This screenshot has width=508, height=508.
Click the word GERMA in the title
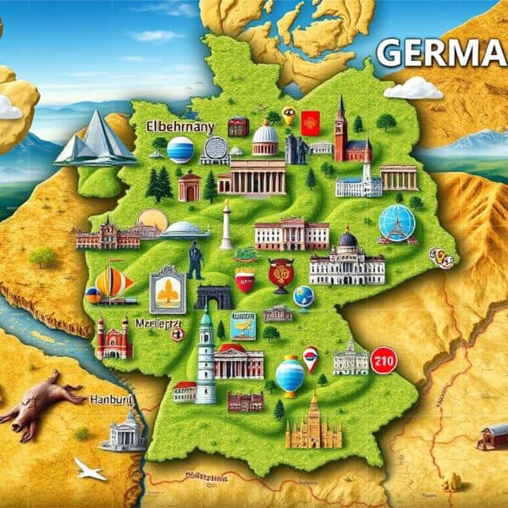coord(440,52)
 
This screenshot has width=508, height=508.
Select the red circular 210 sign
coord(384,360)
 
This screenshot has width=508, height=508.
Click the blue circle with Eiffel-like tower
coord(397,224)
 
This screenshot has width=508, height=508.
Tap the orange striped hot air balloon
coord(113,283)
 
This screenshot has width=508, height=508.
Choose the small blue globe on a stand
coord(303,296)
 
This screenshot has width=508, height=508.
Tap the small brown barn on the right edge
coord(492,437)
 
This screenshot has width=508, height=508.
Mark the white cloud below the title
coord(414,87)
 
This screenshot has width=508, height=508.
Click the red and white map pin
coord(311,357)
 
